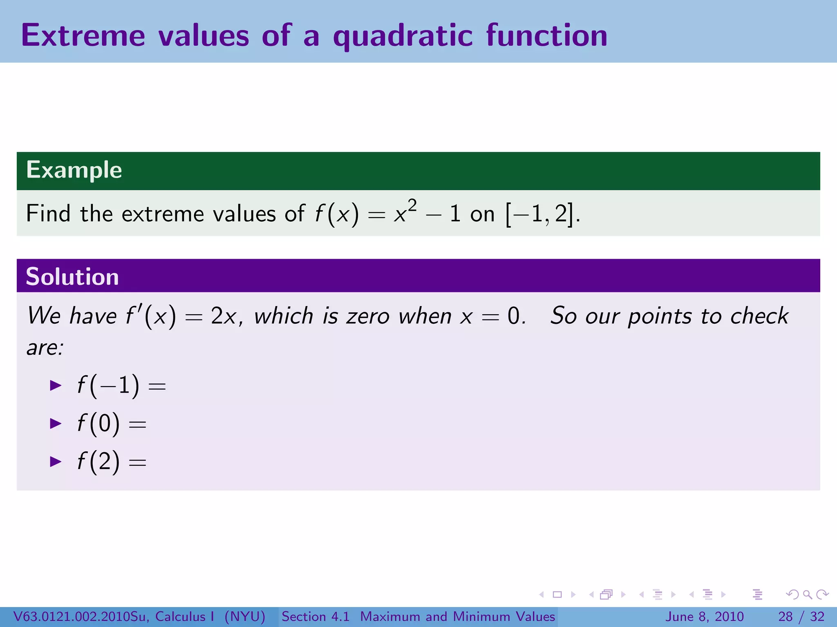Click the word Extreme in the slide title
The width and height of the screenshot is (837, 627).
83,36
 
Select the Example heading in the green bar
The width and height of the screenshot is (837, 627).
74,170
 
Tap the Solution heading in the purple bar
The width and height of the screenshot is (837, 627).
72,277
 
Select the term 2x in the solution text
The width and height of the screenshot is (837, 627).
224,317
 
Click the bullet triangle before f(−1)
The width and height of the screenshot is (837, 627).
55,385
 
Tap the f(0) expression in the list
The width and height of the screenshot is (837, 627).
98,423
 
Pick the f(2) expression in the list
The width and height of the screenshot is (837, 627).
98,462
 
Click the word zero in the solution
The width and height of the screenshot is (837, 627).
367,317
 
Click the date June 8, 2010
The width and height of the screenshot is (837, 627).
705,616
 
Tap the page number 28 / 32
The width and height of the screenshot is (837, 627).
801,616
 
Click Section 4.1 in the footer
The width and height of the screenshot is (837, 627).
316,616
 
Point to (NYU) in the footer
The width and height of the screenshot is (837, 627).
245,616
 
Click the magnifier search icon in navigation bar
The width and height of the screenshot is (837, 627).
807,594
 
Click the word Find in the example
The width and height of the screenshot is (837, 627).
48,214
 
